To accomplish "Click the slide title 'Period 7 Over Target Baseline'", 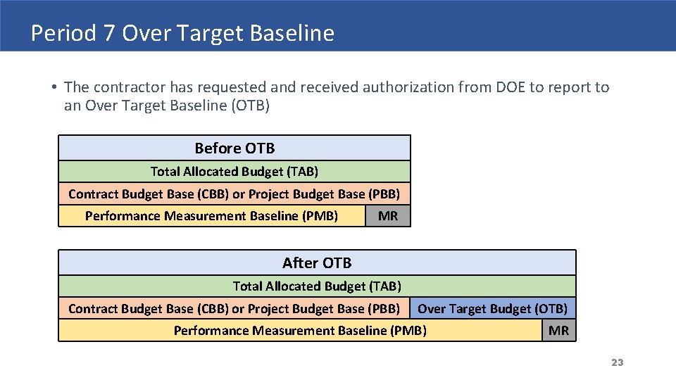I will coord(182,33).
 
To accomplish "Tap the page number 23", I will coord(617,362).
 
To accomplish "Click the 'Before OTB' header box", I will coord(234,148).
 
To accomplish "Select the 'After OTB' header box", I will coord(317,263).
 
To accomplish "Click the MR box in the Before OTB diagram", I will coord(388,216).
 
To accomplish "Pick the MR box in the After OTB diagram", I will coord(558,331).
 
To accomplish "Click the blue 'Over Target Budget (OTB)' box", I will coord(493,308).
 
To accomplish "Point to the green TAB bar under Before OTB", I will coord(234,172).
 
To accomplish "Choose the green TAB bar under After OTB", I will coord(317,286).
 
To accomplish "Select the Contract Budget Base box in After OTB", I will coord(234,308).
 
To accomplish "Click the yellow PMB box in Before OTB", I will coord(211,216).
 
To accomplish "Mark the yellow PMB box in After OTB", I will coord(300,331).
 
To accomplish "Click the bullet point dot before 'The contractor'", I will coord(54,88).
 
